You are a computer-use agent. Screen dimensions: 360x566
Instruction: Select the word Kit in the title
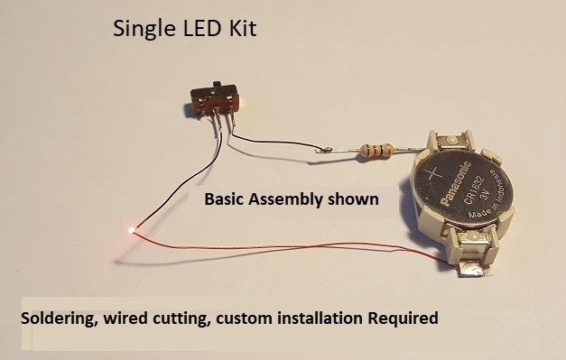[241, 28]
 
